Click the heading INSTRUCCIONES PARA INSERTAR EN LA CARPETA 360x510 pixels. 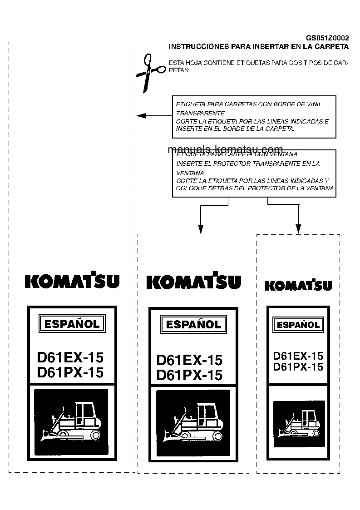click(x=258, y=46)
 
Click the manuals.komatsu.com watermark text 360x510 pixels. click(x=225, y=149)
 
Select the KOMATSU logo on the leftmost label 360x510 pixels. click(x=72, y=280)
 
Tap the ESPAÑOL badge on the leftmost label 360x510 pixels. click(x=72, y=324)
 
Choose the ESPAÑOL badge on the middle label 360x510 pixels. click(x=193, y=324)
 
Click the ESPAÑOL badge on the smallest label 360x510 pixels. click(x=298, y=325)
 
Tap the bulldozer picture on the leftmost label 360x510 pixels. click(x=71, y=422)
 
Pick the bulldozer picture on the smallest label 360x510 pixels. click(x=299, y=423)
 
